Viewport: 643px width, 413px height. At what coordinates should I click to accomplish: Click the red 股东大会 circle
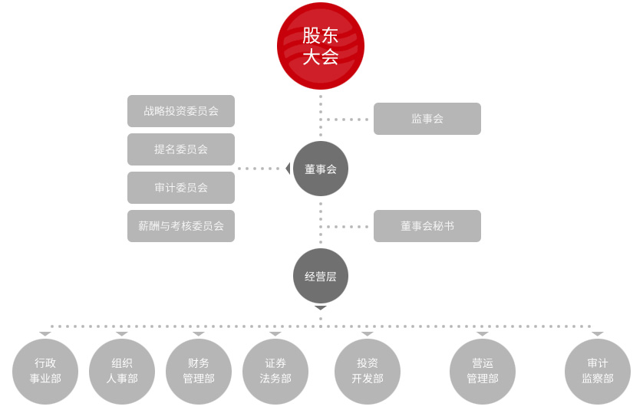point(321,46)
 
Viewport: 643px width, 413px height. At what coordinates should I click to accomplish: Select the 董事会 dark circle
point(321,169)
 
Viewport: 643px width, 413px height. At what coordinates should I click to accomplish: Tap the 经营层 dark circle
point(321,276)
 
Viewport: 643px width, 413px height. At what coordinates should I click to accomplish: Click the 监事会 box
point(427,119)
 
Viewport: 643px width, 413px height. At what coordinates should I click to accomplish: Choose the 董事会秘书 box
point(427,226)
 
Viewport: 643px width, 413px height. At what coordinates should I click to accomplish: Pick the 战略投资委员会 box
point(181,111)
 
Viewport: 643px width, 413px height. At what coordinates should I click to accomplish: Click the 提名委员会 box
point(181,149)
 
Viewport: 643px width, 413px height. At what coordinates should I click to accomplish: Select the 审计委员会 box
point(181,188)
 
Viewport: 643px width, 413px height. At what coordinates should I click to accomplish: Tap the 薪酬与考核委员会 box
point(181,226)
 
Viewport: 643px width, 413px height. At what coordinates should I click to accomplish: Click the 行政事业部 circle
point(45,372)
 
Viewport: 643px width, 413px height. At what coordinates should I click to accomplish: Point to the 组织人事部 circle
point(122,372)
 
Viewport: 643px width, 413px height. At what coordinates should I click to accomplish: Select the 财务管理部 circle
point(199,372)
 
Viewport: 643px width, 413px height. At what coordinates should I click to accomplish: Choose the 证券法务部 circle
point(275,372)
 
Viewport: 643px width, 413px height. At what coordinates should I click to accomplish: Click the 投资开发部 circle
point(368,372)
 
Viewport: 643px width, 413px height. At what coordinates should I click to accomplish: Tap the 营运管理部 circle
point(483,372)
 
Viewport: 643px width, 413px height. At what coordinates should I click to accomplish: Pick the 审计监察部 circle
point(598,372)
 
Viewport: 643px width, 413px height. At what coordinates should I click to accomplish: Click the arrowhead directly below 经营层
point(321,308)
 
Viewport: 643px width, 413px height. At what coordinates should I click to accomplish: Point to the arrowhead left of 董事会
point(288,169)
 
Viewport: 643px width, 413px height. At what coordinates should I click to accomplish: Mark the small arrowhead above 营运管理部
point(483,334)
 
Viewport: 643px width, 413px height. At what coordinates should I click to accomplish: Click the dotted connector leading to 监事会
point(347,120)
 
